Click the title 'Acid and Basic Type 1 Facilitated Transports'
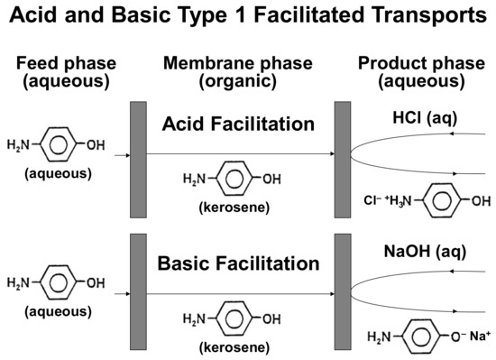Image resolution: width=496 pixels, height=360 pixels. click(x=248, y=16)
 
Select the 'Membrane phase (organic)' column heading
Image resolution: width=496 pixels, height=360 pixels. click(x=238, y=71)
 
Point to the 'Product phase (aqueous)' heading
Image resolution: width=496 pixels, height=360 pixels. click(x=421, y=71)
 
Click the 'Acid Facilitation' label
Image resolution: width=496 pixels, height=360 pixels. click(x=239, y=125)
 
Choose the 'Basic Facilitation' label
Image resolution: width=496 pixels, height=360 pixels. click(x=239, y=263)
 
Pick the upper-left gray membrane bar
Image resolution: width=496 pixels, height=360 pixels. click(x=138, y=160)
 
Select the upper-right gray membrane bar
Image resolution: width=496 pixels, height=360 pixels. click(x=343, y=160)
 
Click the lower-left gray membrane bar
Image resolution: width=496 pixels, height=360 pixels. click(x=138, y=293)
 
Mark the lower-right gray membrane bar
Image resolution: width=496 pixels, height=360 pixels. click(x=343, y=293)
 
